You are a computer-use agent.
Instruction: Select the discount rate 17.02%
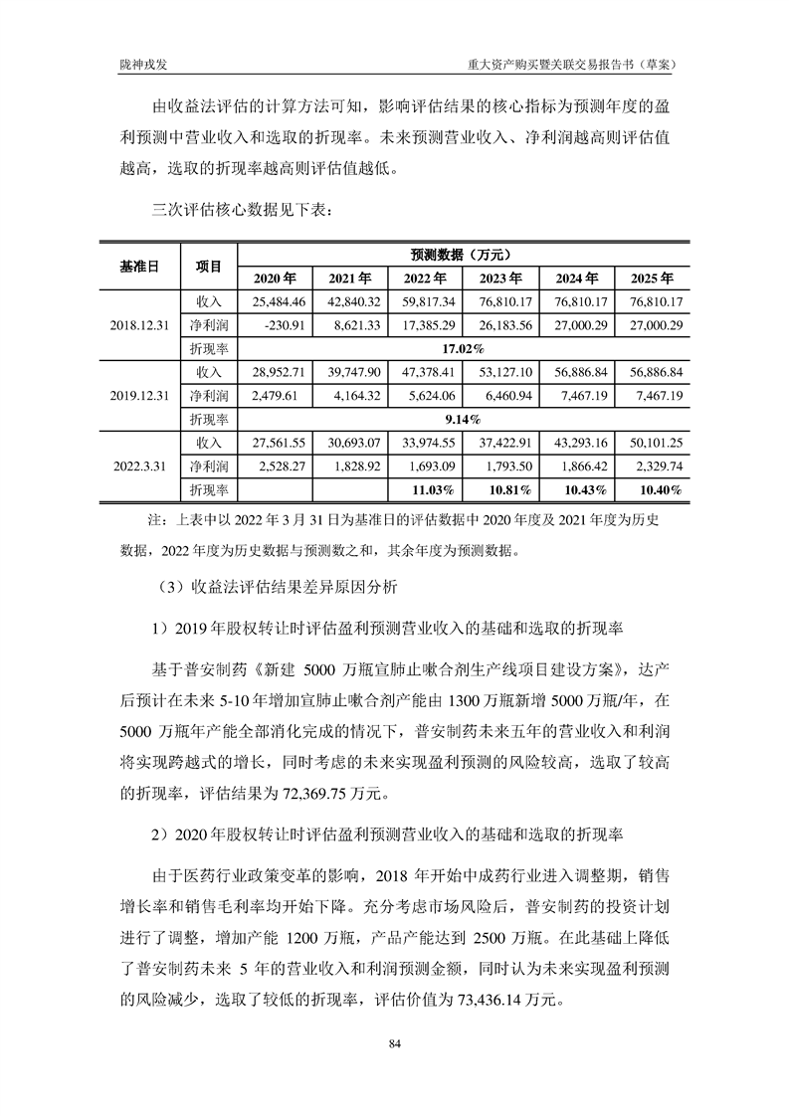464,348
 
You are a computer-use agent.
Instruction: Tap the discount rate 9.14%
464,419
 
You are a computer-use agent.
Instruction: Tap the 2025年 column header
652,278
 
